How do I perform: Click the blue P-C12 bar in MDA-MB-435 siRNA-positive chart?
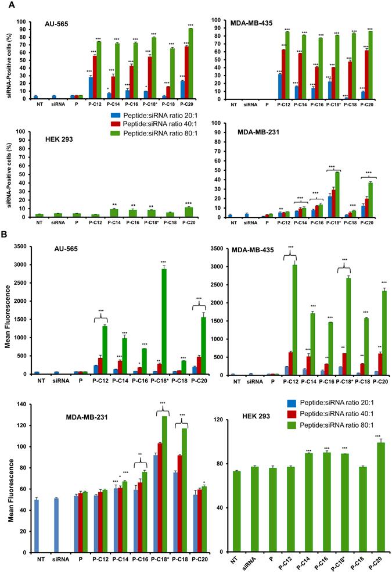point(279,87)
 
